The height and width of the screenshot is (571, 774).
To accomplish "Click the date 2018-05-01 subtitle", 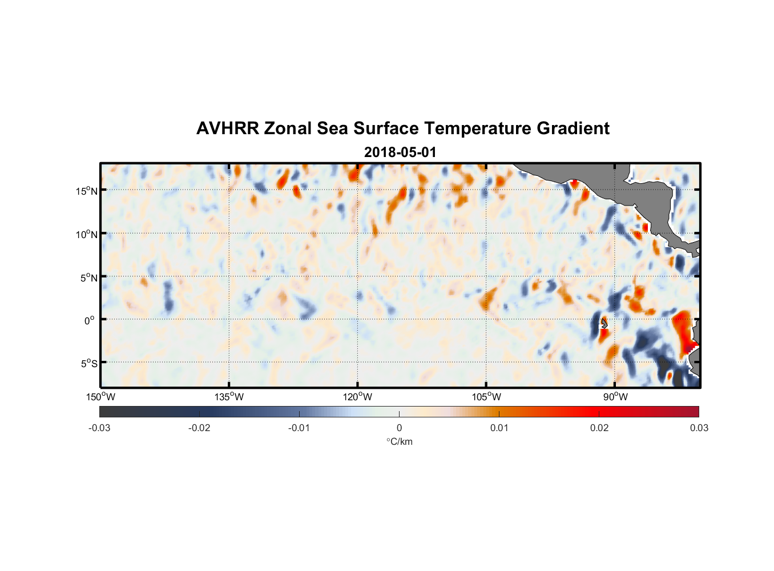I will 400,152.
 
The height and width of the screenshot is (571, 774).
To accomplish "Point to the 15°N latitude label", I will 87,191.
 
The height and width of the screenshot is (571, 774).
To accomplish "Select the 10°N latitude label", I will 87,234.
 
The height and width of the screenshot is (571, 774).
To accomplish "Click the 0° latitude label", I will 90,320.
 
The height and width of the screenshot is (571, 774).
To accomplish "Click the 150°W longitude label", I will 100,397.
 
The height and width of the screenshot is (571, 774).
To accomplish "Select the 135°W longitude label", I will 229,397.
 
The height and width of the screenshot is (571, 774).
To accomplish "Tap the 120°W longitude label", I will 358,397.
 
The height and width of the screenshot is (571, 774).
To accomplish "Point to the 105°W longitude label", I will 486,397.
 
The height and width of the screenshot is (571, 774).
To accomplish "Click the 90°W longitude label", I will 615,397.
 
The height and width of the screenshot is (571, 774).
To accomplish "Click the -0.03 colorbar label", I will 99,428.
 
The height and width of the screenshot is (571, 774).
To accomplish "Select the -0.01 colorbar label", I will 299,428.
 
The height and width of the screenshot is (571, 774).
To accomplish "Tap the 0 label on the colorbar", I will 399,428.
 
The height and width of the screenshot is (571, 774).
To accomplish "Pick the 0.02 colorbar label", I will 599,428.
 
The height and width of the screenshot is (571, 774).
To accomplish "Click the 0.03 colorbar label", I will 699,428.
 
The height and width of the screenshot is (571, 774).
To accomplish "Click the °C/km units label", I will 399,441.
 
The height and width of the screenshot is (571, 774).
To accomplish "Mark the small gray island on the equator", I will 603,323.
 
